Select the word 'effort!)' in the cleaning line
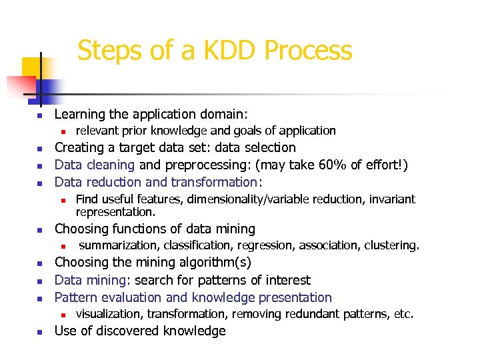[x=385, y=165]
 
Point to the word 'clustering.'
[x=391, y=245]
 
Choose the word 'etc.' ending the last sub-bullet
[x=401, y=314]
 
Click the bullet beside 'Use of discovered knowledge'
[x=39, y=332]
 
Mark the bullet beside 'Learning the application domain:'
[x=39, y=115]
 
